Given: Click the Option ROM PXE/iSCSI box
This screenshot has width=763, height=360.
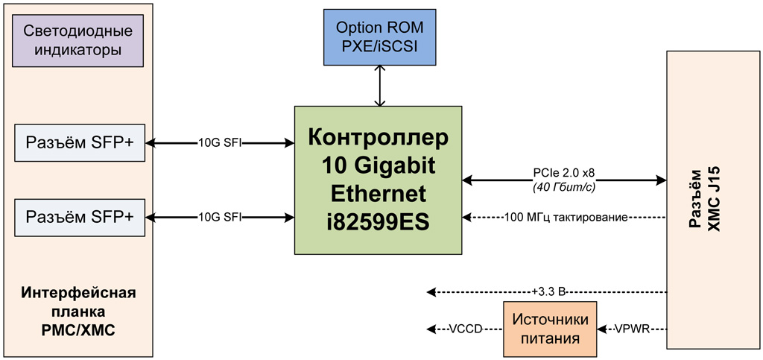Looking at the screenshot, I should coord(380,37).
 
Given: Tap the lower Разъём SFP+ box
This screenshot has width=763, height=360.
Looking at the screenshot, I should coord(80,217).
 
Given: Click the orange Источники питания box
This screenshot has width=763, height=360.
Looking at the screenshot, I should coord(551,329).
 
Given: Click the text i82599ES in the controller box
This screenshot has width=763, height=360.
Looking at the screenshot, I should coord(378,221).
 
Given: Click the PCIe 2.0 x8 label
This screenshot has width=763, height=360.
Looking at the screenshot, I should coord(563,174).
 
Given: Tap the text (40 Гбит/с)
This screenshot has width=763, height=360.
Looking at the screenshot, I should coord(563,187).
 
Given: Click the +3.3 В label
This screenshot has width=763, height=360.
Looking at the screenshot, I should coord(548,291).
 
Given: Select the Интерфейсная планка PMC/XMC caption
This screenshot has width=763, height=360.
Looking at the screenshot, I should coord(78,310).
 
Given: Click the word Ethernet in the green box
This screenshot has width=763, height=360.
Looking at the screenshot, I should coord(378,194).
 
